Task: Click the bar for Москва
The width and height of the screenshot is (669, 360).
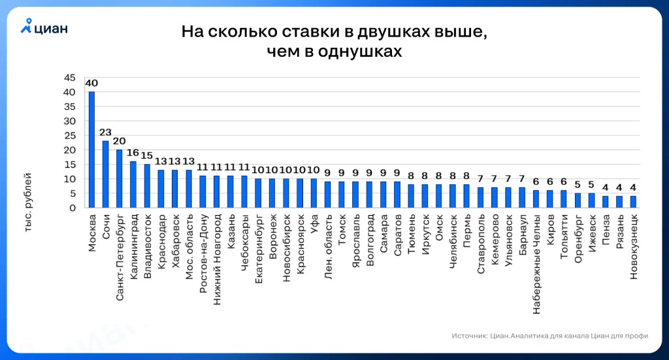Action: coord(91,150)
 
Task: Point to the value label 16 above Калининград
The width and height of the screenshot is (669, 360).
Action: coord(133,154)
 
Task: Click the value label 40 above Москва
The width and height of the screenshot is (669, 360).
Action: coord(91,84)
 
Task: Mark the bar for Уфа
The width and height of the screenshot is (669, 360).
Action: coord(314,193)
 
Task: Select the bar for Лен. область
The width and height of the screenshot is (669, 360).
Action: coord(327,195)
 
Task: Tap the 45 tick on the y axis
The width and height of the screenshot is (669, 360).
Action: coord(70,78)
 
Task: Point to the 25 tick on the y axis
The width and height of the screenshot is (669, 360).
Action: coord(70,136)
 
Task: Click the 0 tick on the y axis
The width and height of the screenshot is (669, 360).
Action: coord(73,208)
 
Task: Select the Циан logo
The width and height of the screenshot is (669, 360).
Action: coord(44,27)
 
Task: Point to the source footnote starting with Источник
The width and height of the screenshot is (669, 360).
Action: coord(549,336)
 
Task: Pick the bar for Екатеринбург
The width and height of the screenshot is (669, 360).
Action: coord(258,193)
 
